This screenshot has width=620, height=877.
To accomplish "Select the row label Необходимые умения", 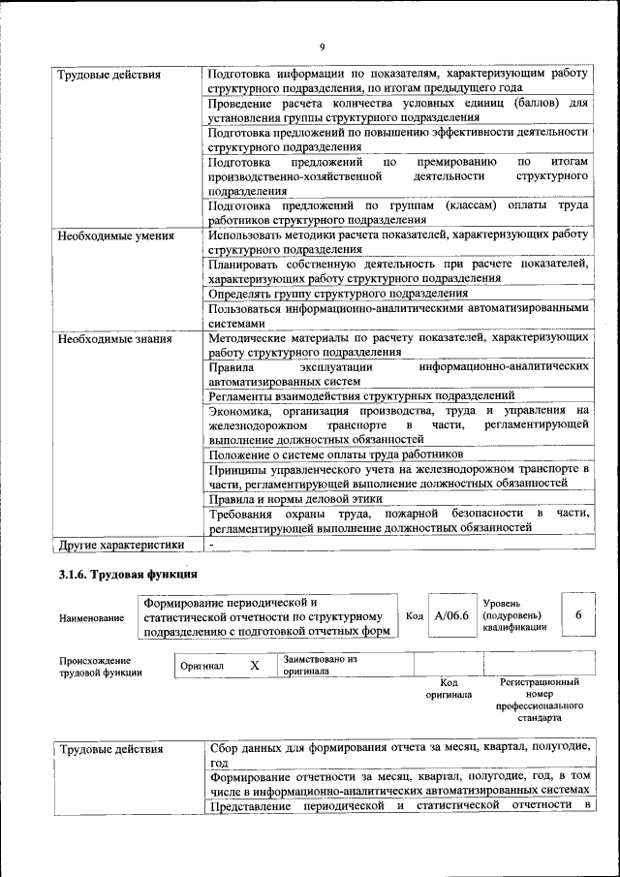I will [115, 235].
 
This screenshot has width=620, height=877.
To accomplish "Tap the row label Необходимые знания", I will [115, 339].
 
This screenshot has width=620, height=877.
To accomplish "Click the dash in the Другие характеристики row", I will [212, 545].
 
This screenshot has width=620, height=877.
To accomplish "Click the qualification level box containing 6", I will [578, 615].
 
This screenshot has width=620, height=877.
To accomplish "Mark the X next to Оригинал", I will [255, 666].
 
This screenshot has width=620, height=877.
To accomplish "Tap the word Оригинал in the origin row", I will [202, 667].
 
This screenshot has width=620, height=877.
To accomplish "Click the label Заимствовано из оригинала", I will [321, 665].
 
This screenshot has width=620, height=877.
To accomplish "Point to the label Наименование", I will [92, 617].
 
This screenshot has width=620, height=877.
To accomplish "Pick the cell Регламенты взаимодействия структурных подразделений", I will [360, 395].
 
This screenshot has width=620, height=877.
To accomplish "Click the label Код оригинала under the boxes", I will [449, 688].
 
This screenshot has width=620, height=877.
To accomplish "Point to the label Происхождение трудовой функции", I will [100, 667].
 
